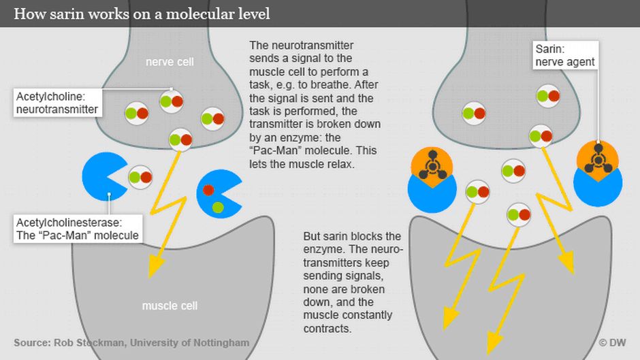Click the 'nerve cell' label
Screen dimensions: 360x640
170,62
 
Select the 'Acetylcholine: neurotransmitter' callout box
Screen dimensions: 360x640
57,102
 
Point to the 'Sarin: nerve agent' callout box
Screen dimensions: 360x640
564,55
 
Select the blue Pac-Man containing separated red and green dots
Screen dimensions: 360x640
217,193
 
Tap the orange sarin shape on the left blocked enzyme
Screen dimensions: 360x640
432,165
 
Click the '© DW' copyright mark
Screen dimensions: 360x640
612,343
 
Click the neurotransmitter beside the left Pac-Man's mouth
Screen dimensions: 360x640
140,177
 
